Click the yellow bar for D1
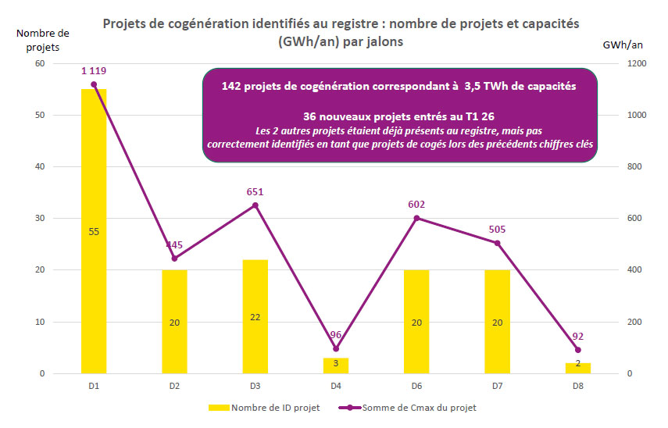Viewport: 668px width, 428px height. click(x=94, y=231)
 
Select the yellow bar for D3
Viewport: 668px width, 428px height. click(x=255, y=316)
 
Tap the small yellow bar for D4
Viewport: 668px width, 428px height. click(x=336, y=366)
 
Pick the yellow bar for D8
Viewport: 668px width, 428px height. click(x=577, y=368)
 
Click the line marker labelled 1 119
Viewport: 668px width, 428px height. click(x=94, y=84)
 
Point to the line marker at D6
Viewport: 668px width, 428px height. click(x=416, y=218)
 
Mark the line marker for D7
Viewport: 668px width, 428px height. click(x=497, y=243)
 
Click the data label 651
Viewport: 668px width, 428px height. click(x=255, y=191)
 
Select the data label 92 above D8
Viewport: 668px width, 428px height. click(x=577, y=336)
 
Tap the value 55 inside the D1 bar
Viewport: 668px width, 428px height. click(x=94, y=231)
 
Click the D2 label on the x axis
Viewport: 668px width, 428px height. click(x=174, y=386)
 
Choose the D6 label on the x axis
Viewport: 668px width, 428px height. click(x=416, y=386)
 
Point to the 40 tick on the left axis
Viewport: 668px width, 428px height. click(x=39, y=166)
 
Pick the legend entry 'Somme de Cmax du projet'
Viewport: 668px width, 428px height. click(x=423, y=407)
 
